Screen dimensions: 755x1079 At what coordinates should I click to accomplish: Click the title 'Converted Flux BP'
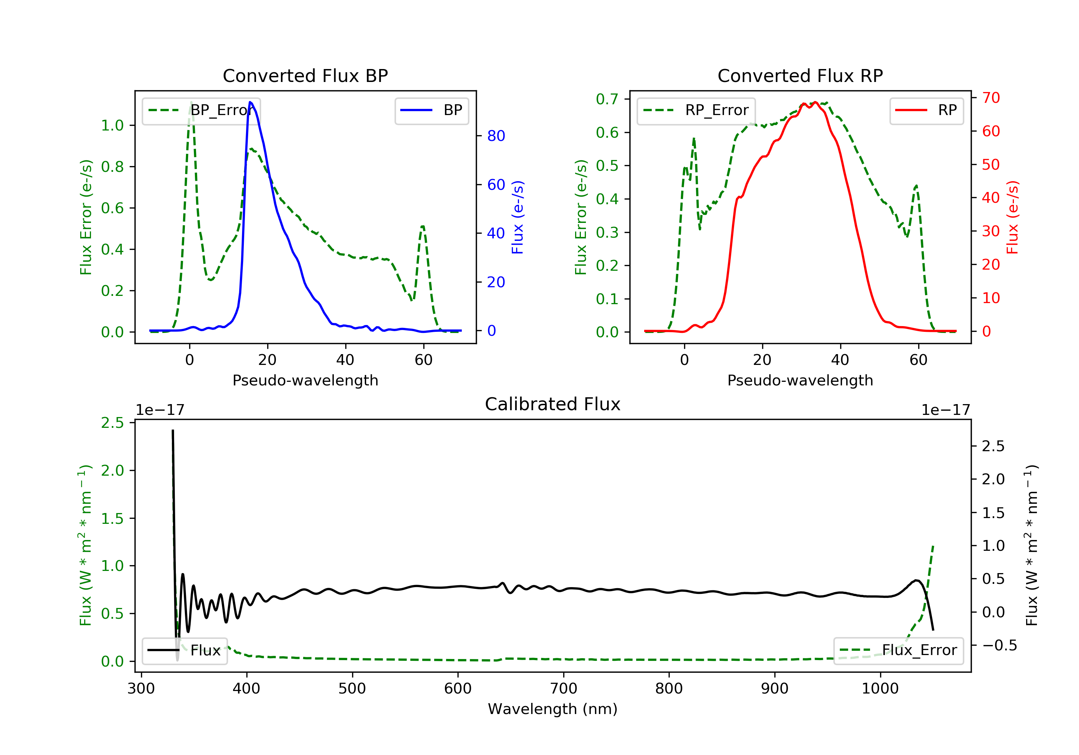pos(305,75)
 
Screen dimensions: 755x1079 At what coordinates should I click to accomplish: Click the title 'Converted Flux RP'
pos(800,75)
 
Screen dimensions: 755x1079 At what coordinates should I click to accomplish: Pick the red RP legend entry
pos(926,110)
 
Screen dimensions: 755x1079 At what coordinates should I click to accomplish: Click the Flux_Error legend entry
pos(898,650)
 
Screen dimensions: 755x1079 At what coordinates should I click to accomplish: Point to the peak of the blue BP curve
pos(250,102)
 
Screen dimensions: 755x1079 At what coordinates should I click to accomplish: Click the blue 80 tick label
pos(496,136)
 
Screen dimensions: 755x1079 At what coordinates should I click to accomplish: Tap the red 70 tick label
pos(991,98)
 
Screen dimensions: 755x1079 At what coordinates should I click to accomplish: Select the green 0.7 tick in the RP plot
pos(607,99)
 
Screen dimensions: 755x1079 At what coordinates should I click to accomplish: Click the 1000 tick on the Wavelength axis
pos(880,689)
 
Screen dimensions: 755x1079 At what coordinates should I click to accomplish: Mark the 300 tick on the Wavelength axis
pos(141,689)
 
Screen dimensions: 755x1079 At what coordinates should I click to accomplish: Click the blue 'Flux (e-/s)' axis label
pos(518,217)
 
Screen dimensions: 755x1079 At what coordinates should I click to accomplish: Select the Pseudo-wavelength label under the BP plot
pos(305,380)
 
